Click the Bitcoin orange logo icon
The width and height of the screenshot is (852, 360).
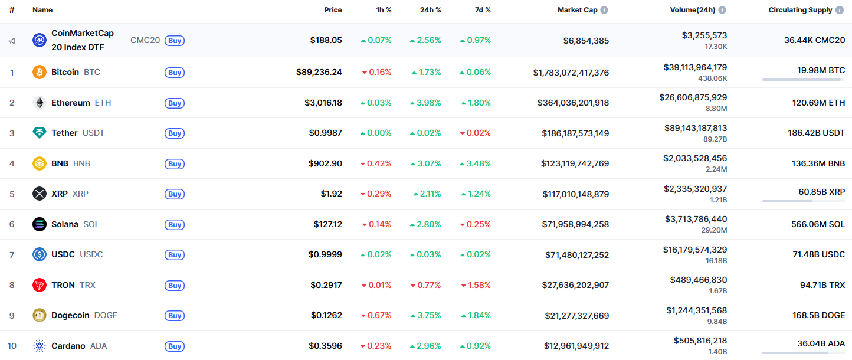40,72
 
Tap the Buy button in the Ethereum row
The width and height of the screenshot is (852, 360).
175,103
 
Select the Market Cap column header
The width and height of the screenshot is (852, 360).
577,10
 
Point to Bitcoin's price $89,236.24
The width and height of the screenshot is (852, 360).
319,72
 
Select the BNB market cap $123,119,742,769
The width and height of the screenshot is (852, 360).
575,163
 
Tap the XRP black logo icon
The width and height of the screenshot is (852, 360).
40,194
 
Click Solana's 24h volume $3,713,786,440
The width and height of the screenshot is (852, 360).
696,219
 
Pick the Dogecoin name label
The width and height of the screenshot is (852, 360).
70,315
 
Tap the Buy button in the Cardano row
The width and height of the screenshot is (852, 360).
175,346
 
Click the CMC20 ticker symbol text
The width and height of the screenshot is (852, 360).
145,40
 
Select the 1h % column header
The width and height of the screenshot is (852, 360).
384,10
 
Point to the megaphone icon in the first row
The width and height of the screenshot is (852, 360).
12,41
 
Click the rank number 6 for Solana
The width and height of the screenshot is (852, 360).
12,224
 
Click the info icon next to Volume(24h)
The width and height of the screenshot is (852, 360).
722,10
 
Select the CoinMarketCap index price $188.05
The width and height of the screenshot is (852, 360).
326,40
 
